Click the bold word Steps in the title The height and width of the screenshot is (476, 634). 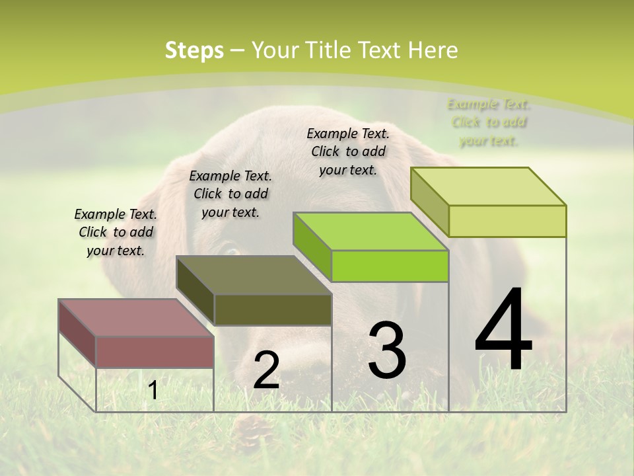[x=194, y=50]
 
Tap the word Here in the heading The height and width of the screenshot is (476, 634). [x=433, y=50]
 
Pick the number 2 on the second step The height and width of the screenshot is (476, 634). [x=266, y=370]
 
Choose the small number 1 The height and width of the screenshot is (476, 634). [x=153, y=391]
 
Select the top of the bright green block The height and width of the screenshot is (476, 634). [x=370, y=232]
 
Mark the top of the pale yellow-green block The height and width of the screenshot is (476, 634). [x=489, y=186]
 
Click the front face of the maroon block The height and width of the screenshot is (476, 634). [x=155, y=352]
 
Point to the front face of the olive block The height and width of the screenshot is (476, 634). [x=273, y=309]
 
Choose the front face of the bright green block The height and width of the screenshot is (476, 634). [x=390, y=266]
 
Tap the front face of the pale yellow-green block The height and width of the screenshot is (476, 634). [x=507, y=221]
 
